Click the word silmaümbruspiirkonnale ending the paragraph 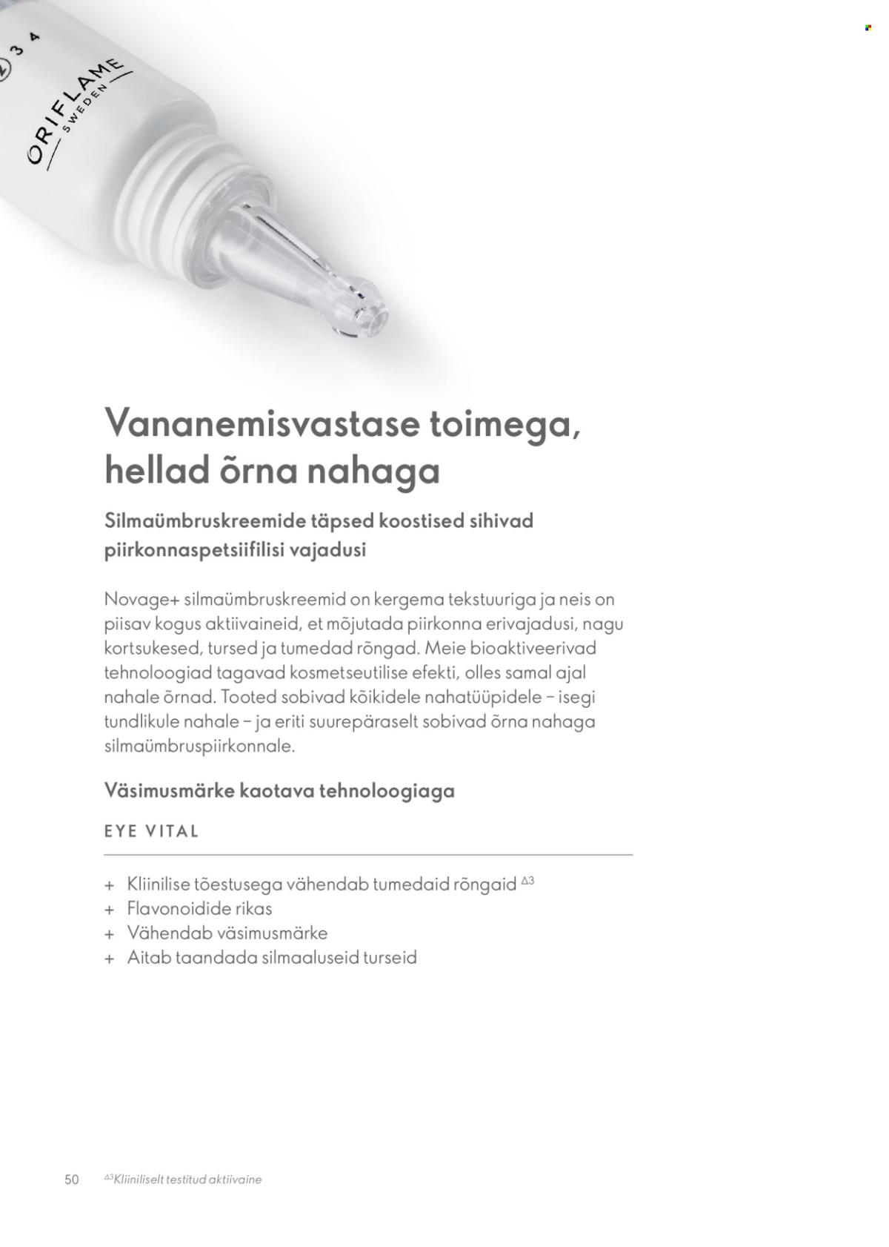pyautogui.click(x=200, y=746)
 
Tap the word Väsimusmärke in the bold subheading pyautogui.click(x=170, y=790)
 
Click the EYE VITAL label pyautogui.click(x=152, y=831)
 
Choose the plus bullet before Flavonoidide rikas pyautogui.click(x=110, y=910)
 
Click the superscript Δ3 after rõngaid pyautogui.click(x=527, y=881)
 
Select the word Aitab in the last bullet pyautogui.click(x=149, y=957)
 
